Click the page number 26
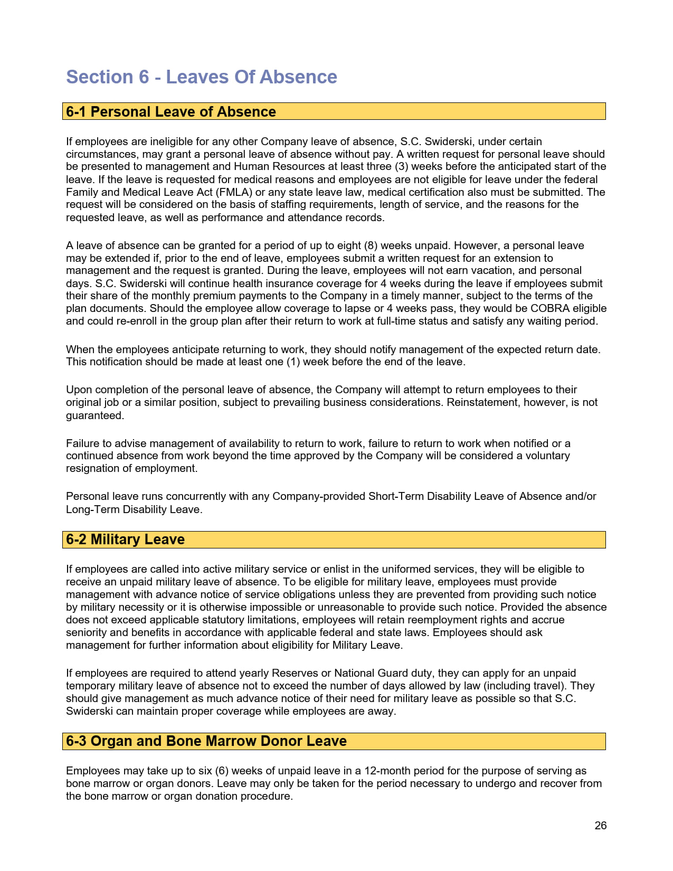[600, 826]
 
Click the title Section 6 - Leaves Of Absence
[201, 77]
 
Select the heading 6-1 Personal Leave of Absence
[170, 112]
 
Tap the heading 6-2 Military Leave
[125, 539]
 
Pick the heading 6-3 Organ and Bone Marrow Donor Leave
[206, 741]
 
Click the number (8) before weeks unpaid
[371, 245]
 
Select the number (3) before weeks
[401, 167]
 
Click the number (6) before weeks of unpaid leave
[221, 771]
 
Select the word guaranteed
[94, 415]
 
